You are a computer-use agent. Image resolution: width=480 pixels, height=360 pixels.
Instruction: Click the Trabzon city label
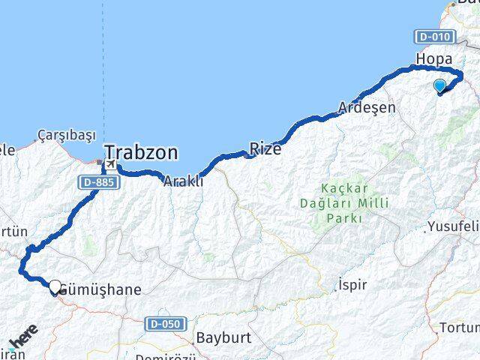point(142,153)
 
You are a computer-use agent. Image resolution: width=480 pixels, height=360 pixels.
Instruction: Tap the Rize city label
point(265,149)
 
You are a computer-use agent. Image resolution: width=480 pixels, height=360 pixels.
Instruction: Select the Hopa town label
point(434,58)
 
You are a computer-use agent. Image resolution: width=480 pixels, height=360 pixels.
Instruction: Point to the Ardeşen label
point(367,107)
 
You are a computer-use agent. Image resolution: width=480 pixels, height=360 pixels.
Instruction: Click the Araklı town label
point(183,181)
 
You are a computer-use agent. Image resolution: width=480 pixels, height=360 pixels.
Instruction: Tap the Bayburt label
point(221,337)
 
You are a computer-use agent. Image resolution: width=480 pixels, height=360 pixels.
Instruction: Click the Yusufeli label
point(453,226)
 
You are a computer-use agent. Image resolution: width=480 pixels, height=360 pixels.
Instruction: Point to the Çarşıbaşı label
point(67,135)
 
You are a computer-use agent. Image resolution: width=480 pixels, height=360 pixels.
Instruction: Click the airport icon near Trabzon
point(110,164)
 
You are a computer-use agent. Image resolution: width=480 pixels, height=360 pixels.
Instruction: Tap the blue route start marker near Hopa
point(440,85)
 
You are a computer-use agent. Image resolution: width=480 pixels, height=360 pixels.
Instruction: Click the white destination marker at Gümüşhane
point(55,286)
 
